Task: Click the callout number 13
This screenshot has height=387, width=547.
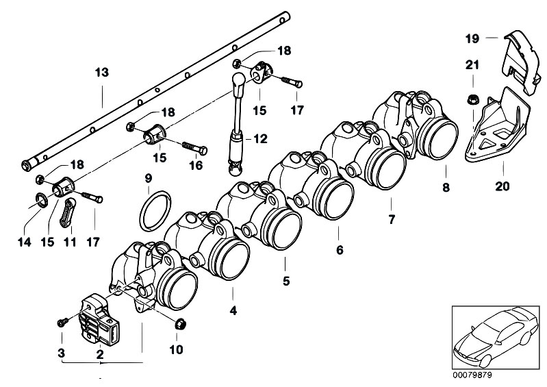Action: click(x=102, y=73)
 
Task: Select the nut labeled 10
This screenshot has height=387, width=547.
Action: click(x=179, y=324)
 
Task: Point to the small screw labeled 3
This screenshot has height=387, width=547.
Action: click(x=62, y=322)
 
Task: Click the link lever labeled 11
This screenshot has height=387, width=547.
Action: click(x=68, y=213)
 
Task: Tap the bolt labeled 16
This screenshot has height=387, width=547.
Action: click(x=195, y=148)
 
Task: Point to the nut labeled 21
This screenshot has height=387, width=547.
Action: click(x=472, y=100)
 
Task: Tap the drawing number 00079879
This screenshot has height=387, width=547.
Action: click(x=472, y=375)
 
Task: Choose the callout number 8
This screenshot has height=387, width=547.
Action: click(x=446, y=188)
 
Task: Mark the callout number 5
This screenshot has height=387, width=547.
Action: click(x=286, y=281)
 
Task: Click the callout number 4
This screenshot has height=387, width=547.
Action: click(x=233, y=310)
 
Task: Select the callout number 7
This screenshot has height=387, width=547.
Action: click(x=392, y=219)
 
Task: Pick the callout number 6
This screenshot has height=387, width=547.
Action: click(x=340, y=249)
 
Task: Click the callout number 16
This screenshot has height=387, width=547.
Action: click(x=196, y=165)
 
